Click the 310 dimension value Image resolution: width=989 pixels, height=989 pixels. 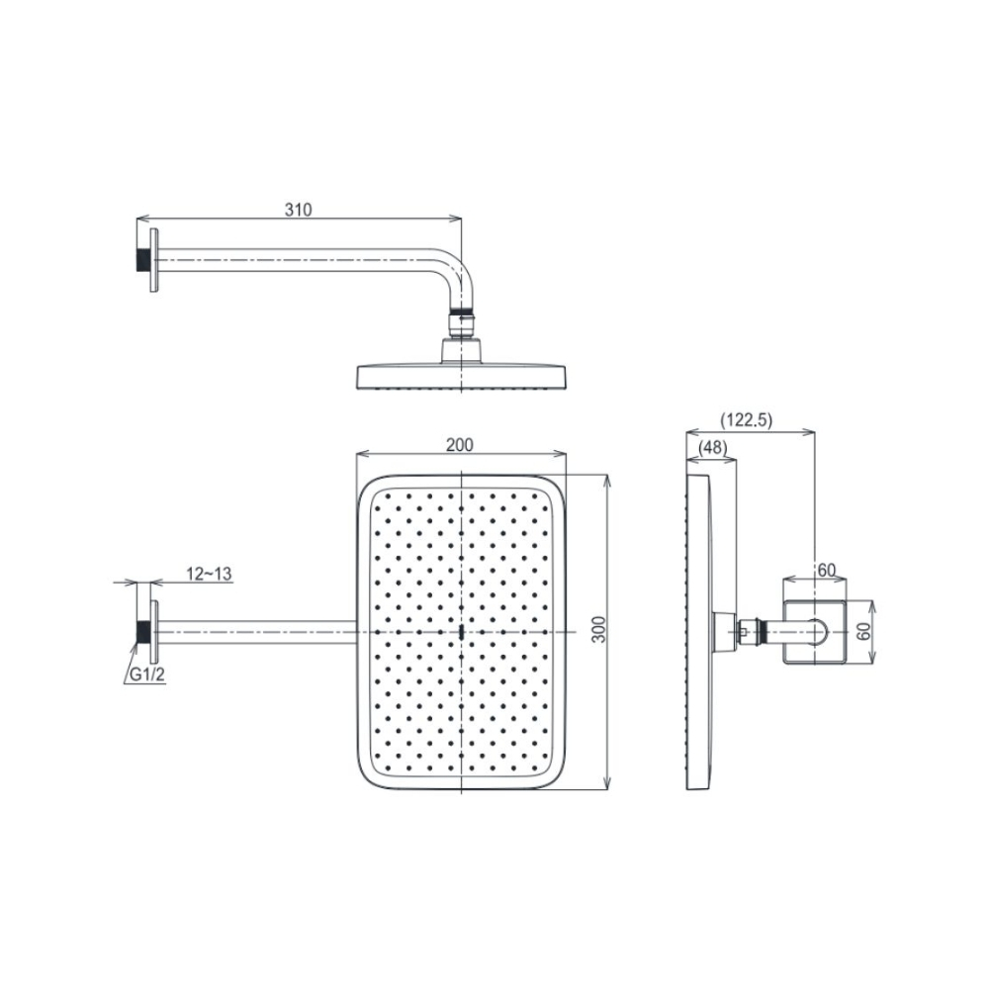(298, 210)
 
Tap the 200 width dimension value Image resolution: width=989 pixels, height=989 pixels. (458, 445)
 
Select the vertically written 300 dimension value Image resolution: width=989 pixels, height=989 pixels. (596, 632)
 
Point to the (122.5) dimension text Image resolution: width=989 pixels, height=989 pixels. (746, 420)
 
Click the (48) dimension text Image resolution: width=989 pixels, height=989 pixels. (712, 448)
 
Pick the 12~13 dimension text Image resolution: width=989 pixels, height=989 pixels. (208, 574)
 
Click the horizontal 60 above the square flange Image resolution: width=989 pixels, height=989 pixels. (826, 570)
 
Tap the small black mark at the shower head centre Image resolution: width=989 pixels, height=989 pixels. (462, 631)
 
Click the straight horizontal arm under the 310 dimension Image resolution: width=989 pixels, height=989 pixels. (297, 260)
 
